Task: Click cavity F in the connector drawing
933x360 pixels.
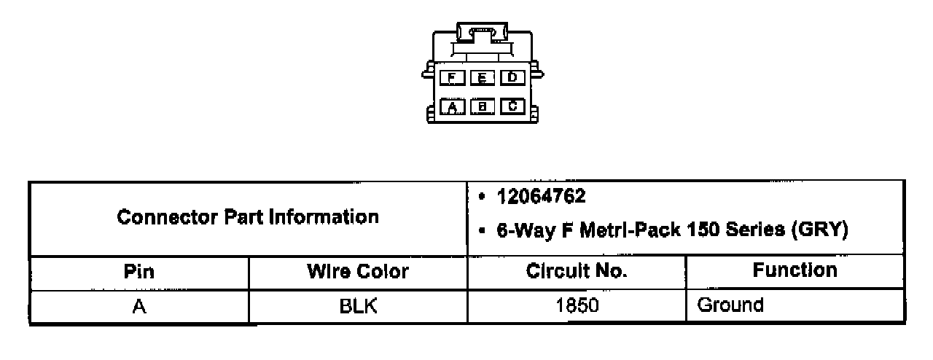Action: [x=453, y=77]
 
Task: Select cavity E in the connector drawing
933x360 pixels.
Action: [x=483, y=77]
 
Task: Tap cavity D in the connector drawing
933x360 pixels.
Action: [x=512, y=77]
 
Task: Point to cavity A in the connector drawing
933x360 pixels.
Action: [x=453, y=107]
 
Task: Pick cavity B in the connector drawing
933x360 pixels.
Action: [x=483, y=107]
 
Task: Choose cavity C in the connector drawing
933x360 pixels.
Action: [x=512, y=106]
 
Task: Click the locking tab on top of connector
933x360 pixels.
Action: [x=481, y=32]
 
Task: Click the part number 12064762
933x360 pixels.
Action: [x=542, y=197]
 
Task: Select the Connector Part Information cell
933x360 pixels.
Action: [x=248, y=217]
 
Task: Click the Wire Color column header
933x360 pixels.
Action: [x=357, y=272]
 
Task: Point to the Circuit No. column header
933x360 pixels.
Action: [x=576, y=272]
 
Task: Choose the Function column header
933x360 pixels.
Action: [x=795, y=271]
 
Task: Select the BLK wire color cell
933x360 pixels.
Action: [x=357, y=306]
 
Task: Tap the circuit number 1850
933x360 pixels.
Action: [x=576, y=306]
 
